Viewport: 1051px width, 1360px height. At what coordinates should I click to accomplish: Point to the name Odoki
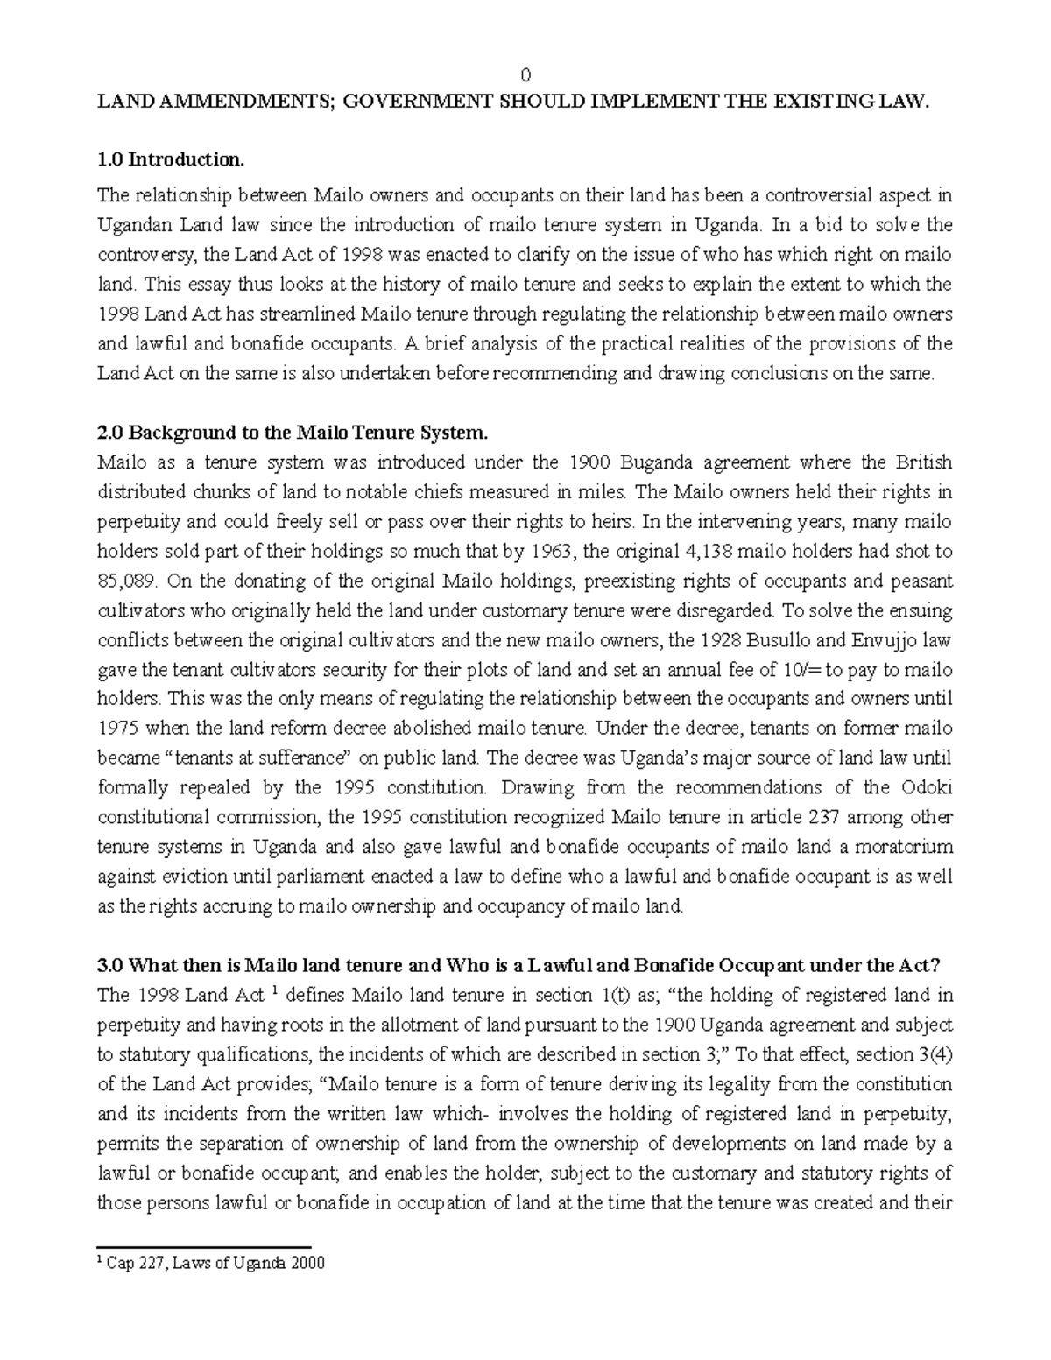927,787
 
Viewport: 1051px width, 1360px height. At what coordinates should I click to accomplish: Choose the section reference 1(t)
606,996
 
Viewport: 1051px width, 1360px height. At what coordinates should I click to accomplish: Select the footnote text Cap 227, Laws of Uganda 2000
215,1263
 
